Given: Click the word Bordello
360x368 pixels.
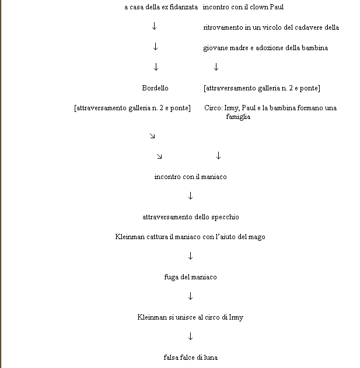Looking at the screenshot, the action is pos(155,88).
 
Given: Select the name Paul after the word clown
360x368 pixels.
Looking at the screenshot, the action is pos(277,7).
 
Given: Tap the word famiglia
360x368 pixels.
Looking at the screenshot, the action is pos(238,117).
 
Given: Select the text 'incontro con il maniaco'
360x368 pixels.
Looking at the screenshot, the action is pos(190,177).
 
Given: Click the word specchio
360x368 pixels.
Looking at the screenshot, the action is pos(225,217).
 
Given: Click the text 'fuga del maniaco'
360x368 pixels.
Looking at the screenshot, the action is pos(190,277).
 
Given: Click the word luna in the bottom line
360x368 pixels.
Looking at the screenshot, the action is pos(211,358).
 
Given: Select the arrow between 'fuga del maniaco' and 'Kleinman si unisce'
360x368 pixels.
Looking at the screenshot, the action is pos(190,296).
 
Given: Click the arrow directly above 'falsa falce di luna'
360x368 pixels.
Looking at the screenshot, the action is pos(190,337).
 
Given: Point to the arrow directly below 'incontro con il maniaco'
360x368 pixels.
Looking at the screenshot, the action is pos(190,196).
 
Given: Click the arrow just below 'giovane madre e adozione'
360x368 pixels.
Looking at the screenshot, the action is pos(216,67).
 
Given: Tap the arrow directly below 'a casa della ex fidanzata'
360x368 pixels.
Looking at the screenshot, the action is pos(154,26).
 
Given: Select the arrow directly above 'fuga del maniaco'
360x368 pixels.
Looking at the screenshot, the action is pos(190,256).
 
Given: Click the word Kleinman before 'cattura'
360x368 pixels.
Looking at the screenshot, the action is pos(130,237).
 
